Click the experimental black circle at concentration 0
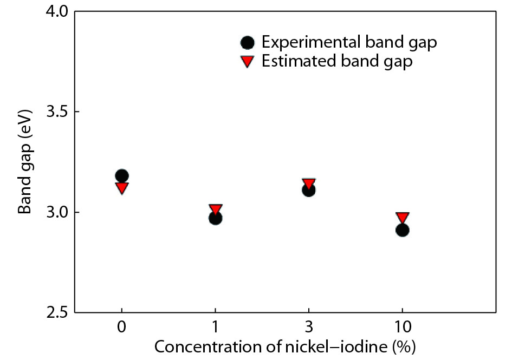coord(122,175)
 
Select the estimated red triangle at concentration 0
coord(122,188)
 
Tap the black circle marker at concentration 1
coord(215,218)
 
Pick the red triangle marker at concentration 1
coord(216,210)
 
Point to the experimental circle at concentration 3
coord(309,190)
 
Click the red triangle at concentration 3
coord(309,184)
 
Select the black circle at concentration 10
coord(402,230)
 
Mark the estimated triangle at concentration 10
coord(402,218)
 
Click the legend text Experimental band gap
coord(349,42)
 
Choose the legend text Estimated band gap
coord(337,61)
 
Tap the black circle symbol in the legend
coord(247,42)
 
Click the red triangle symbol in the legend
coord(247,61)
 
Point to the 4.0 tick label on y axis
coord(55,11)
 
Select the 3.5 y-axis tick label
coord(55,112)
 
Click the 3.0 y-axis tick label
coord(55,212)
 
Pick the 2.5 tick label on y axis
coord(55,312)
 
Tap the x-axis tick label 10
coord(402,328)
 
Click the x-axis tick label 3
coord(309,328)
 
